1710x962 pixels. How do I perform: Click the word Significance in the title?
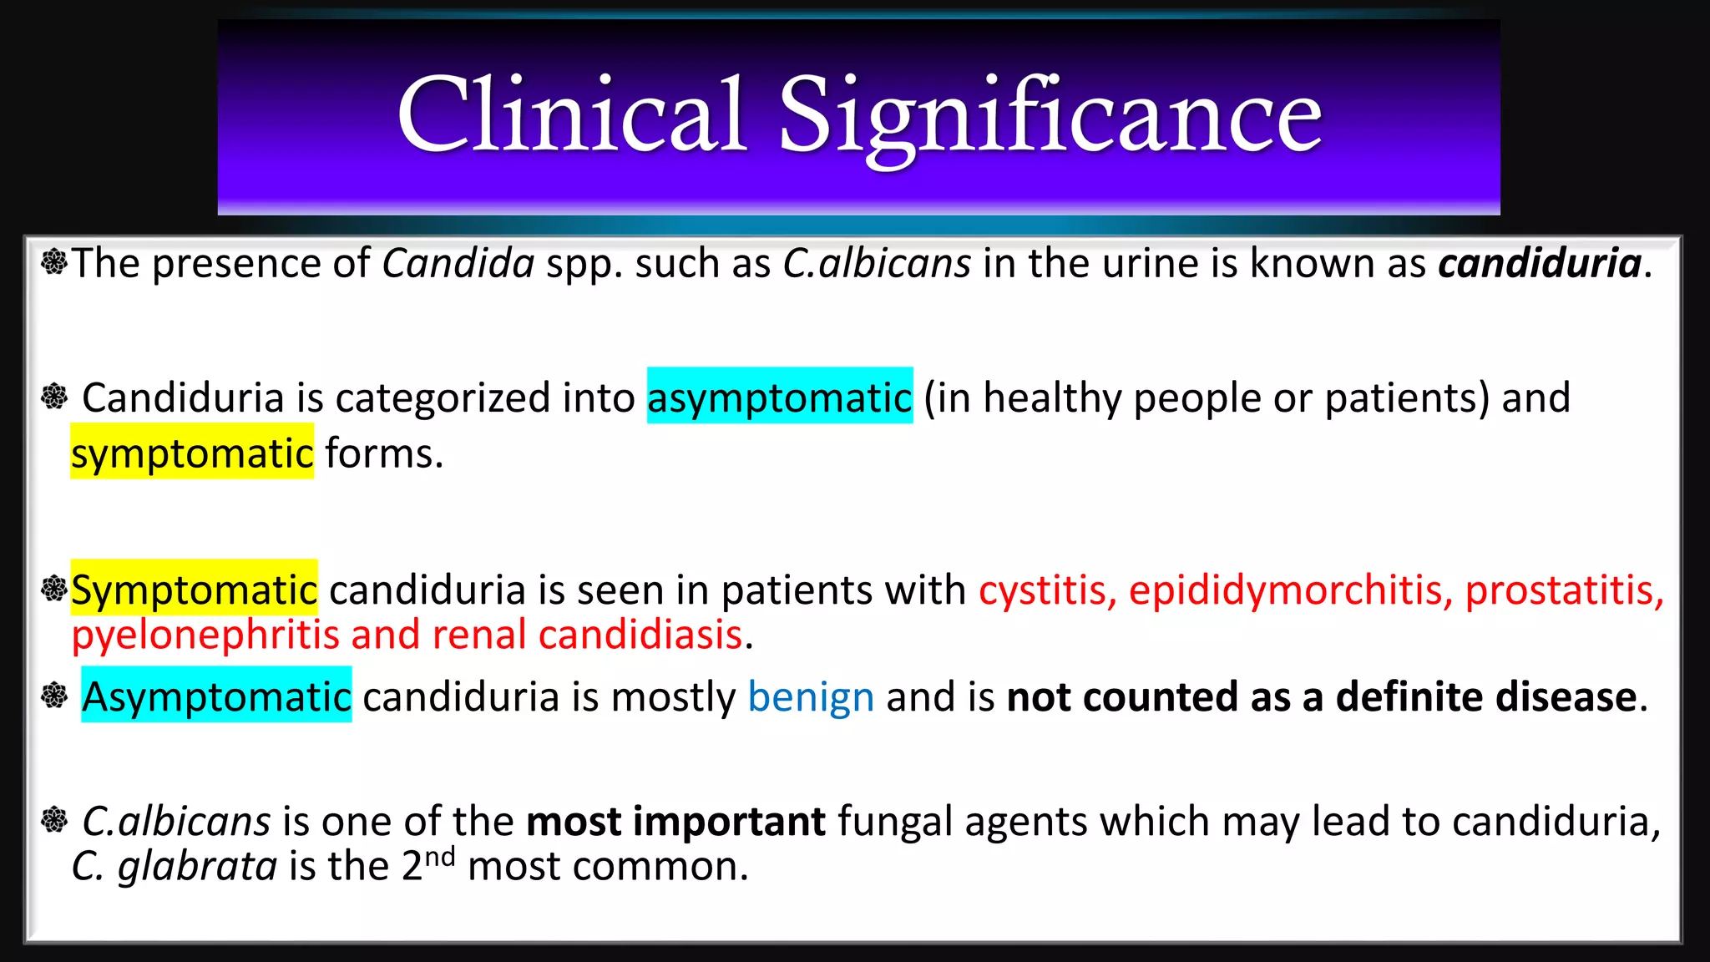[1050, 117]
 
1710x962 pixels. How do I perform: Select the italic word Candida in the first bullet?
[458, 264]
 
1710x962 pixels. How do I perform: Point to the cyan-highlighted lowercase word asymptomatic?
[779, 397]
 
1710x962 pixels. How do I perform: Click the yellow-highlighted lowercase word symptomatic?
[192, 453]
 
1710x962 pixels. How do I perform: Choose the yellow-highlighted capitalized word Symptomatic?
[194, 590]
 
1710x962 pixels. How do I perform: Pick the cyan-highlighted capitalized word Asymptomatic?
[216, 696]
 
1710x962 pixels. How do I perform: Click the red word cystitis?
[1048, 590]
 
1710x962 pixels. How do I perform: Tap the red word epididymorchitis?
[1291, 590]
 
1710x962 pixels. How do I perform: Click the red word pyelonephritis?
[205, 635]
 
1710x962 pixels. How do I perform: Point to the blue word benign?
[811, 696]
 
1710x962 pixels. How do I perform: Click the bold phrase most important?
[675, 822]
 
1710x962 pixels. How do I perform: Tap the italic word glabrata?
[197, 867]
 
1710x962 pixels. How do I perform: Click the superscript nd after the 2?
[440, 857]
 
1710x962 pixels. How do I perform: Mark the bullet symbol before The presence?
[54, 262]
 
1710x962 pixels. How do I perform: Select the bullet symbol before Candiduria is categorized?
[54, 396]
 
